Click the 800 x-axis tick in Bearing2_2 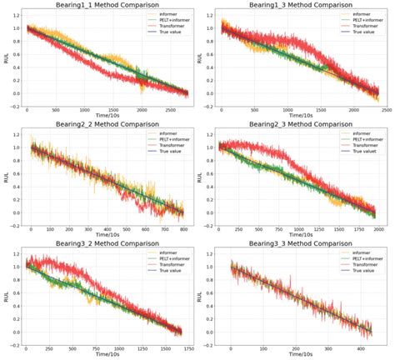pos(181,229)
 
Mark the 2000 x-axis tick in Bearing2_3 pos(377,229)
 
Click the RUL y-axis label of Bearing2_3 pos(200,177)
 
